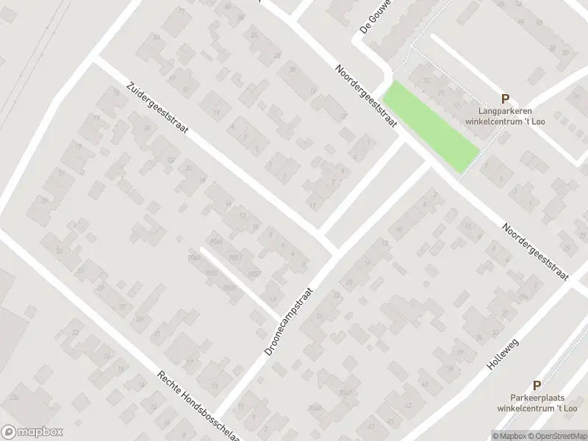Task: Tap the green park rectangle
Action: point(431,126)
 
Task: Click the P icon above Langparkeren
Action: point(505,98)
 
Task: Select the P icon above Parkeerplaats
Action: point(537,384)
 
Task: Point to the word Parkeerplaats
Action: point(537,398)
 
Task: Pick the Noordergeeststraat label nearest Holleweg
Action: point(536,251)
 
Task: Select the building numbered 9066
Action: point(216,241)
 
